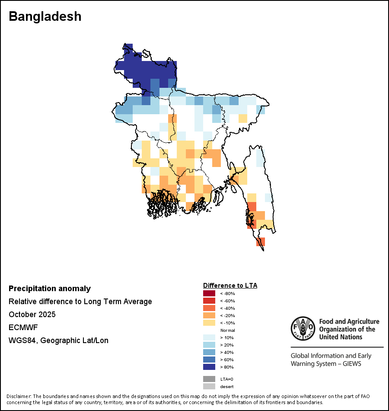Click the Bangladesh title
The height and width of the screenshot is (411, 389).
45,16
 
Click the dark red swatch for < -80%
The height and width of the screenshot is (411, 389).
209,293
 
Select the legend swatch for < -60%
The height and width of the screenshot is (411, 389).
209,301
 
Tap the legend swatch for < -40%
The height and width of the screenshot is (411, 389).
209,308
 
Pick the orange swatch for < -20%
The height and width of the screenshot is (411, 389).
209,315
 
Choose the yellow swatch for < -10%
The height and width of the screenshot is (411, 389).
209,323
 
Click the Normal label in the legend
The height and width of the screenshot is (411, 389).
228,330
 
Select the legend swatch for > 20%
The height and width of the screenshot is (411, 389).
209,345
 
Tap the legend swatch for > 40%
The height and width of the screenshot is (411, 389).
209,352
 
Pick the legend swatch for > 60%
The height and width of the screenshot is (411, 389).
209,360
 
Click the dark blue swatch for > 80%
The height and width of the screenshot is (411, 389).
209,367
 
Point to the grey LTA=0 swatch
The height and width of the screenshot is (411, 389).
209,379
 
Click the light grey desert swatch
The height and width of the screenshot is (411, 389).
209,386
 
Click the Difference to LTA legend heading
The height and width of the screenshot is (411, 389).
230,286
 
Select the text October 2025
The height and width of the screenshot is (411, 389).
32,314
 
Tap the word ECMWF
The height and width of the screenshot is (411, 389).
23,328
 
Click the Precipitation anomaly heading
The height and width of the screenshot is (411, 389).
50,289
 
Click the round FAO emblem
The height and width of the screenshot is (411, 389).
303,328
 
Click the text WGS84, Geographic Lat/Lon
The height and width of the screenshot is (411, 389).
58,340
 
